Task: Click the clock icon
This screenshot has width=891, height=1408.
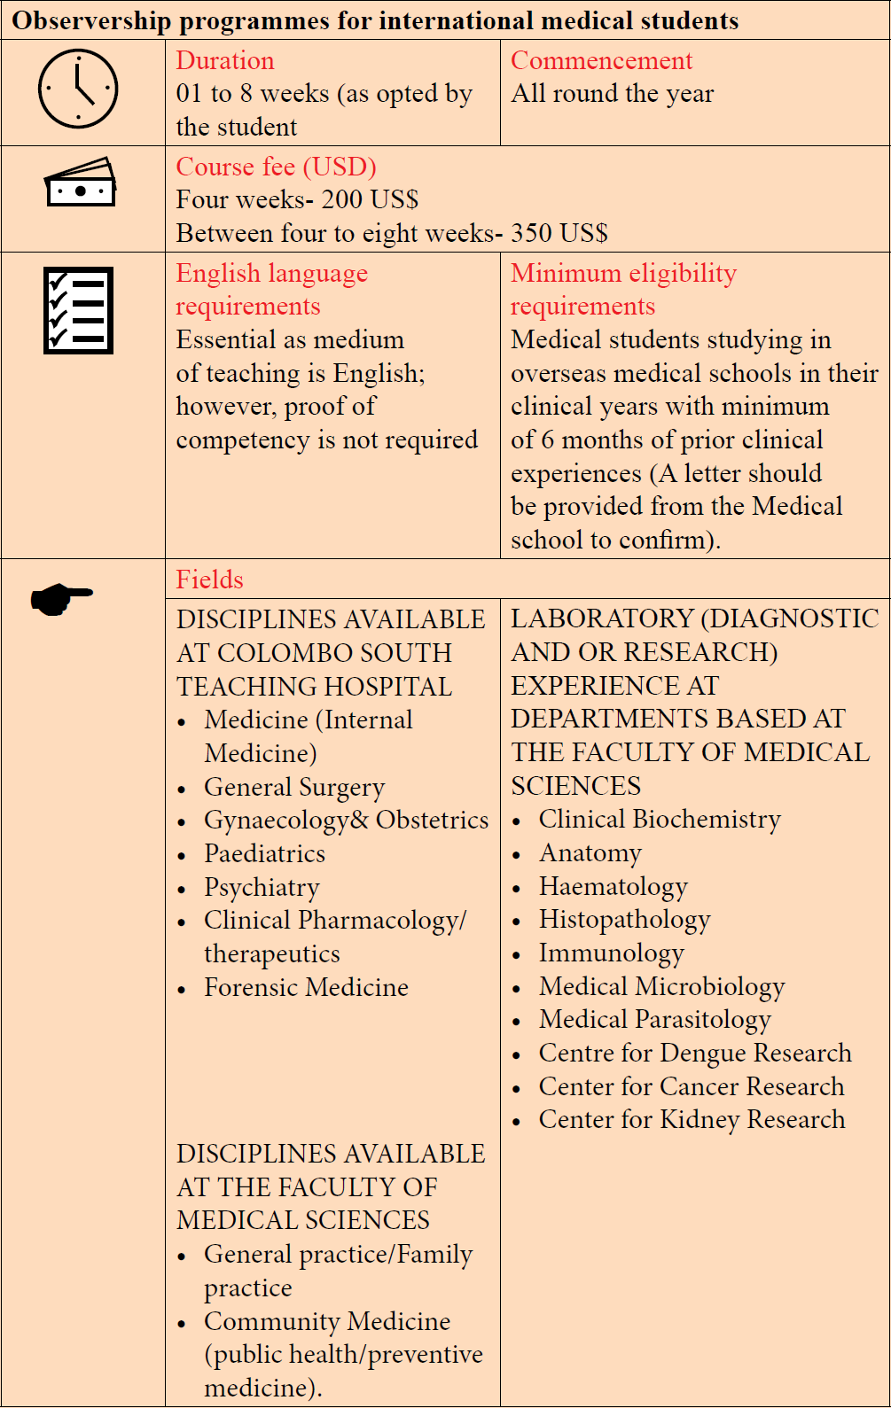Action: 78,89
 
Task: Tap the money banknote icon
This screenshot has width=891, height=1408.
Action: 81,183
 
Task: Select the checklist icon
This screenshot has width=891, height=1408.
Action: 79,311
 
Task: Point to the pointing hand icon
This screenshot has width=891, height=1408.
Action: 61,598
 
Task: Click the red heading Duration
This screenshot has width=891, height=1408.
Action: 225,61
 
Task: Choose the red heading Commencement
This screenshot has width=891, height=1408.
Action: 601,61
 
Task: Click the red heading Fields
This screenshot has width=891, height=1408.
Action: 209,580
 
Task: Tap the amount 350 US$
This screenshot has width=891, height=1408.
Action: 559,233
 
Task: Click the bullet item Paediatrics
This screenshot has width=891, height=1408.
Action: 264,853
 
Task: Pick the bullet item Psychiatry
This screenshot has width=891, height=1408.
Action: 262,887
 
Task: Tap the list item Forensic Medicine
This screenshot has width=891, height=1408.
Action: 306,987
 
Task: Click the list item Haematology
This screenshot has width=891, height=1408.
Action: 613,886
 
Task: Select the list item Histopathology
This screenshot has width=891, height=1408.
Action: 624,920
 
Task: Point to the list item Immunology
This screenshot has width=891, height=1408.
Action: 611,953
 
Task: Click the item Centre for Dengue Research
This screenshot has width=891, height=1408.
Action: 695,1053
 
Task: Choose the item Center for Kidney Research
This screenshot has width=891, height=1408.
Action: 692,1119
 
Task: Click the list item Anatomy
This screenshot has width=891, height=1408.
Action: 590,853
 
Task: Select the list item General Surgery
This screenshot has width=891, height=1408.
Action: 294,787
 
